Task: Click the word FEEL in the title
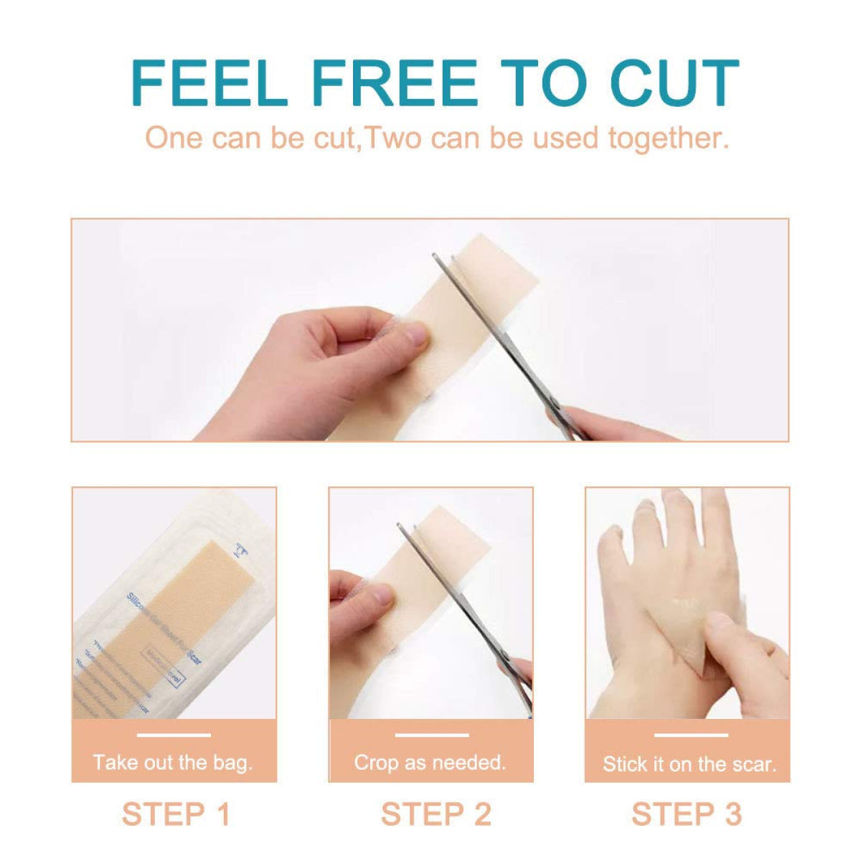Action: [x=209, y=84]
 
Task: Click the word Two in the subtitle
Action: [x=393, y=138]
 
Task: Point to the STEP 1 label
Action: [x=176, y=814]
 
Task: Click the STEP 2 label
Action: [x=436, y=814]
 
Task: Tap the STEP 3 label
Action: [x=687, y=814]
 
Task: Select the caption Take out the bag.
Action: [x=173, y=762]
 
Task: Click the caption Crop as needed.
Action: [x=430, y=762]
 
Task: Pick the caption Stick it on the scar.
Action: [x=690, y=763]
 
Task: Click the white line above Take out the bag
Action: [x=174, y=735]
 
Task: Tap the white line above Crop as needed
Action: [x=431, y=735]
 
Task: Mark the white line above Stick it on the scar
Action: [x=690, y=735]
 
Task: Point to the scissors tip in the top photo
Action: [x=436, y=256]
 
